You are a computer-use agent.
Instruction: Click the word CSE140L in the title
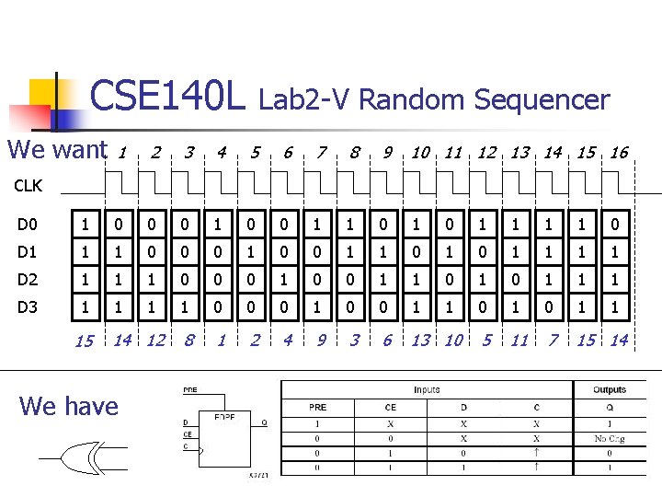coord(168,96)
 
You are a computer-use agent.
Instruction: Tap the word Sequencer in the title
coord(542,99)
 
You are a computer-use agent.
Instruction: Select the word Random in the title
coord(411,99)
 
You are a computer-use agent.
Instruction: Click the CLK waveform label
coord(28,186)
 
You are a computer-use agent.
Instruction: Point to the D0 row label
coord(29,224)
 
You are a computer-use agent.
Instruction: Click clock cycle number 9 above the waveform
coord(387,153)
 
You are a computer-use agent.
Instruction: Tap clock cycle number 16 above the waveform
coord(619,153)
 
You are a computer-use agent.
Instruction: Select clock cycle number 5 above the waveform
coord(255,153)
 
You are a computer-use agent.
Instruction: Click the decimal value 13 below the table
coord(420,341)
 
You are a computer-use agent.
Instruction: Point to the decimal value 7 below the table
coord(553,341)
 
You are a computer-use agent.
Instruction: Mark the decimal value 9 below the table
coord(321,341)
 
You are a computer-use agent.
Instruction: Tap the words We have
coord(69,406)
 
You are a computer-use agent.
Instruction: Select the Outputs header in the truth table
coord(609,390)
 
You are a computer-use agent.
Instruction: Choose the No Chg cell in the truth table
coord(610,439)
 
